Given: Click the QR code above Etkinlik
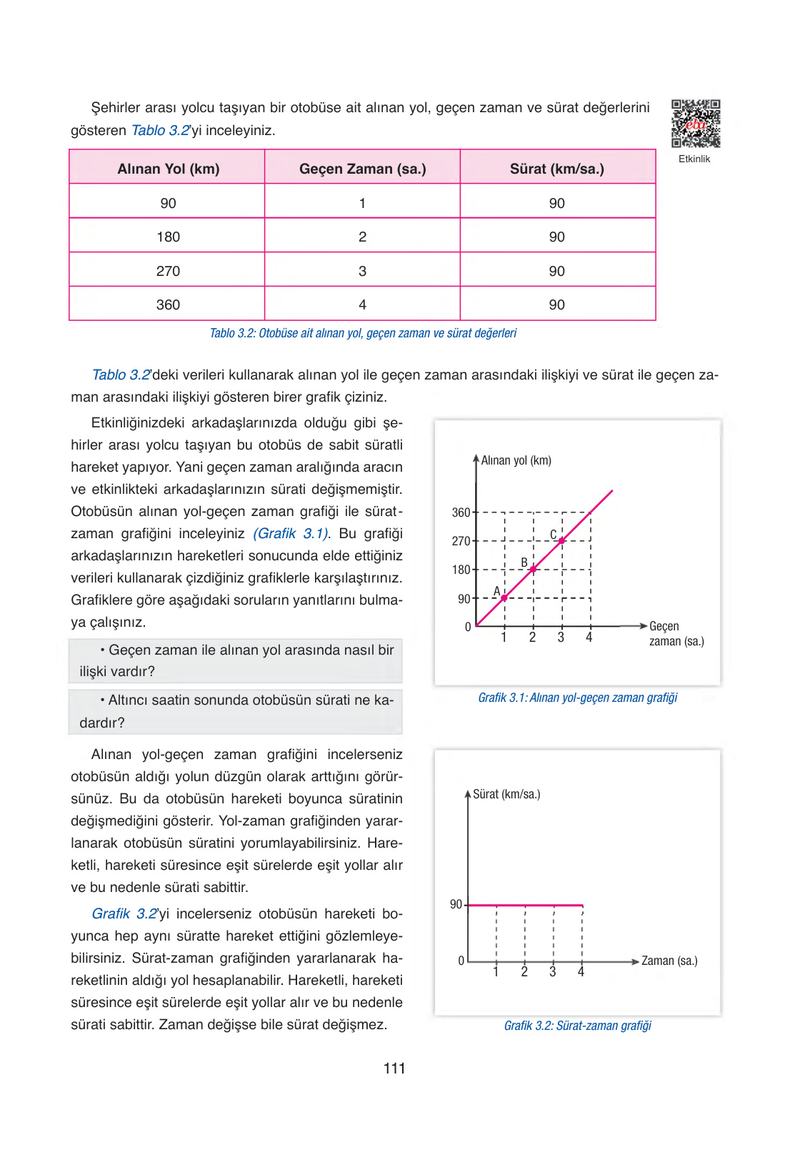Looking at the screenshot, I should (x=695, y=124).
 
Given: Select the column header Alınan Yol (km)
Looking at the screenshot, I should (x=168, y=169).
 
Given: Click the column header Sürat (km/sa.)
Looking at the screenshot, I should (x=556, y=169).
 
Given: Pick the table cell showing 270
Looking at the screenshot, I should (x=168, y=271).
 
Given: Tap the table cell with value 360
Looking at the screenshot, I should (x=168, y=304).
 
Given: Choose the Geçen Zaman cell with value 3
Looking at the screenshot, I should (x=362, y=271).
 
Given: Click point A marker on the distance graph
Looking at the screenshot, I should (x=504, y=598).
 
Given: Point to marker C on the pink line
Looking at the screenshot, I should (x=561, y=541).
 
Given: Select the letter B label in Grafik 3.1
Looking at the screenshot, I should (x=524, y=562).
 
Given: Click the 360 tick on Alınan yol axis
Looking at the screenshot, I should (x=461, y=512).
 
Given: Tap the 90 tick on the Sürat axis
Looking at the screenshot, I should (x=456, y=905).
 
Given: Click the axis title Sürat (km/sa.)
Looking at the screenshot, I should (x=506, y=794).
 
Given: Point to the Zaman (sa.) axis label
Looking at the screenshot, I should (x=669, y=961).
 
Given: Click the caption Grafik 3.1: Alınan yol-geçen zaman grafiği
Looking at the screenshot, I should (x=577, y=698).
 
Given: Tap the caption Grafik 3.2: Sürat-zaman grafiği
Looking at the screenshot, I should (x=577, y=1026).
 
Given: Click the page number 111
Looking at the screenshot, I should (x=394, y=1069).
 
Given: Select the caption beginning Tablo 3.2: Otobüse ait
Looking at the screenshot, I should (x=363, y=333).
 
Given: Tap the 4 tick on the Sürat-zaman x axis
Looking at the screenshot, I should (x=581, y=972).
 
